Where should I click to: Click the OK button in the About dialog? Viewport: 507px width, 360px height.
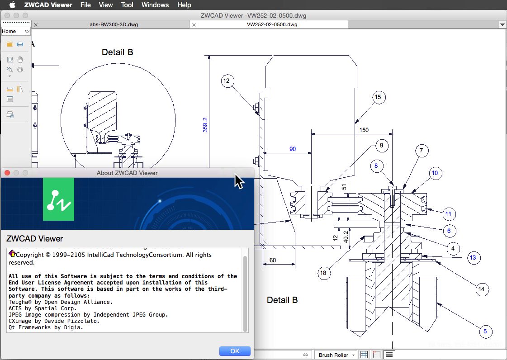pos(235,351)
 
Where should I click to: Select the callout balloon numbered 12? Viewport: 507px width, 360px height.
pos(226,81)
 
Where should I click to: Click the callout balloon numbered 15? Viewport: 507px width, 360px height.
pos(378,97)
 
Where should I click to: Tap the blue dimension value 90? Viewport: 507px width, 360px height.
pos(293,149)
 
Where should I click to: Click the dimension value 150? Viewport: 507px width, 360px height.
pos(364,130)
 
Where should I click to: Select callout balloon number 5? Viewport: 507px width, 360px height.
pos(485,332)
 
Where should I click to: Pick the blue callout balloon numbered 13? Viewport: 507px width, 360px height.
pos(473,258)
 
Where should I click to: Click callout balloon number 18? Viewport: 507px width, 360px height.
pos(323,273)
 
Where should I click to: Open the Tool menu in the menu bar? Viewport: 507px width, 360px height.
pos(127,5)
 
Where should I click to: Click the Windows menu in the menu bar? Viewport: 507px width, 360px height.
pos(155,5)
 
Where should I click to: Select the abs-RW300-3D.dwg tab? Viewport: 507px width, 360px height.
pos(114,25)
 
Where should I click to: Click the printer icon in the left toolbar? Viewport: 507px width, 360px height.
pos(20,44)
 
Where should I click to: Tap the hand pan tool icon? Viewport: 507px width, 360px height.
pos(20,59)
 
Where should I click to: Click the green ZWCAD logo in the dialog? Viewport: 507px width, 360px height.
pos(58,199)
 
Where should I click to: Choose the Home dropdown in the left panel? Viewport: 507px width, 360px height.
pos(15,31)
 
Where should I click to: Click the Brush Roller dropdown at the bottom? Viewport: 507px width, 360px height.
pos(336,355)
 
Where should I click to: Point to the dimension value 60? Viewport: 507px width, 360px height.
pos(272,260)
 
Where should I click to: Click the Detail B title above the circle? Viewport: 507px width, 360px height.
pos(118,52)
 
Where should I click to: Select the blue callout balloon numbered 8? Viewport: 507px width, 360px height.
pos(375,166)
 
